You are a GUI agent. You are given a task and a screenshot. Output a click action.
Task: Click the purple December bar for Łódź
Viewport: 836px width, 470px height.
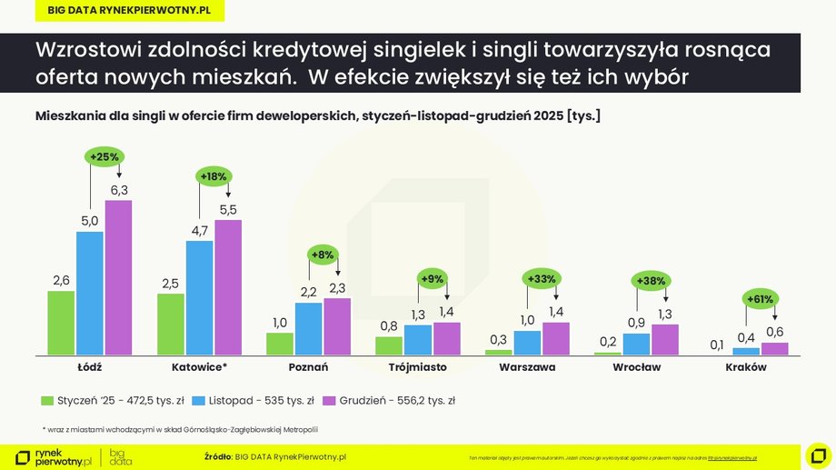point(118,277)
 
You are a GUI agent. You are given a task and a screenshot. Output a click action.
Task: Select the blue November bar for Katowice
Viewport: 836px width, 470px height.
point(199,297)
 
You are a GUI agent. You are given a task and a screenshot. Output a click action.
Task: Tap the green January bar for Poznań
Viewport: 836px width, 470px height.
point(280,344)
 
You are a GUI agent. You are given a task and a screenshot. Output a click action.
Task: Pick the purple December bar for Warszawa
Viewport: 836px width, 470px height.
point(555,338)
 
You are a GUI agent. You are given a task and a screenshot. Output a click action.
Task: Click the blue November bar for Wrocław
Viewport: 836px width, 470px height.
point(636,344)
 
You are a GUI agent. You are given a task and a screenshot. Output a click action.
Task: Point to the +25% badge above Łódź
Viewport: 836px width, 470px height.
point(104,156)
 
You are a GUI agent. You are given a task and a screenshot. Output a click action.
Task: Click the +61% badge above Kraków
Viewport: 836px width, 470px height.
point(760,298)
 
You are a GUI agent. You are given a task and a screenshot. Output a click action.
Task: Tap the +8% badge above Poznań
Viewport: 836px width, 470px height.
point(323,255)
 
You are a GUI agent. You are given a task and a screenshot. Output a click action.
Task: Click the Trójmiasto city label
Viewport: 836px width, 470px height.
point(417,367)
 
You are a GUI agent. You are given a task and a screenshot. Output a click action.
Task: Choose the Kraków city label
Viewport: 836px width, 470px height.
point(746,367)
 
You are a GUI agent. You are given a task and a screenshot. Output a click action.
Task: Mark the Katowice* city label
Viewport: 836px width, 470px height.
point(199,367)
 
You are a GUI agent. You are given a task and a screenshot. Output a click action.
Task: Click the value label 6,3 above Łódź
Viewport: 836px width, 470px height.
point(118,189)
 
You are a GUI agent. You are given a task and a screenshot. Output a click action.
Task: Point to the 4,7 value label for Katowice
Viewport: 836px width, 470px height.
point(199,230)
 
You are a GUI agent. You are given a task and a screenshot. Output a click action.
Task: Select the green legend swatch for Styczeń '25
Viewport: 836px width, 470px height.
point(47,399)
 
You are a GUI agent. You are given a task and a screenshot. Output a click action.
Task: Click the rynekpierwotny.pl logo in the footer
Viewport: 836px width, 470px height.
point(55,457)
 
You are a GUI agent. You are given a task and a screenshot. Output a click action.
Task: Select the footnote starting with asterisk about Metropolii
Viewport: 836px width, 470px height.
point(181,429)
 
